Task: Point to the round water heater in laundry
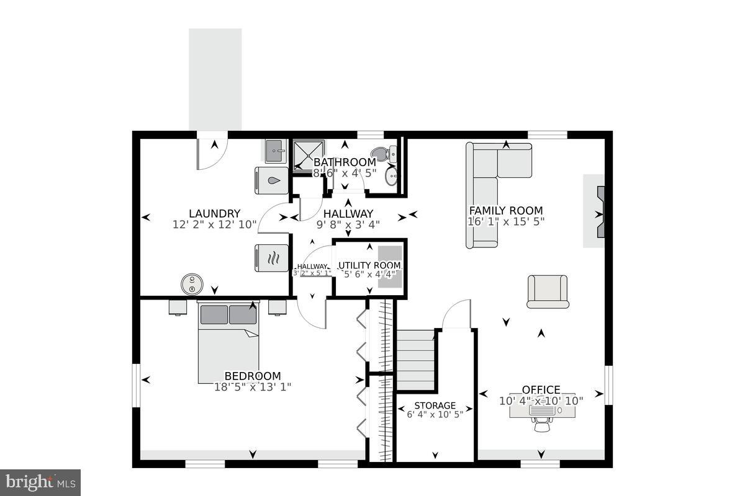(x=192, y=285)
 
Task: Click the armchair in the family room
(x=548, y=291)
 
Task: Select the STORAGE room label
(x=435, y=405)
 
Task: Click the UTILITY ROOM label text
(x=369, y=265)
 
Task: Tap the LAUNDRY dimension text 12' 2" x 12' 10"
(x=214, y=225)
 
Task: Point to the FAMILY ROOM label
(x=505, y=211)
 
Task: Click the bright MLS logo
(x=40, y=482)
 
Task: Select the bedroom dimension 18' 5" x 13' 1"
(x=253, y=386)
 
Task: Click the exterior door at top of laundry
(x=212, y=152)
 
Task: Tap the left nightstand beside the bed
(x=178, y=307)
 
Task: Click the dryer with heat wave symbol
(x=272, y=258)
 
